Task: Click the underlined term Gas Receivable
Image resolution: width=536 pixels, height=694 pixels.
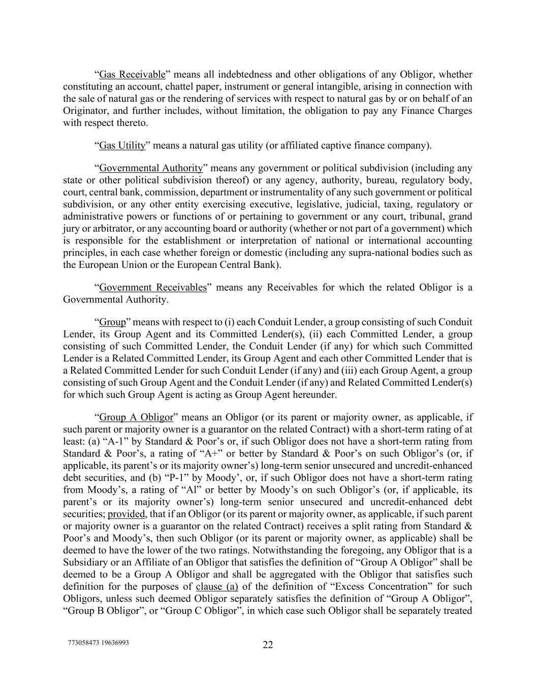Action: pos(132,75)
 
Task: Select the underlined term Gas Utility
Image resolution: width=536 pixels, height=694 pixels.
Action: pos(122,146)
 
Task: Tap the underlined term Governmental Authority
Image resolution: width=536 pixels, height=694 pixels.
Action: pos(151,168)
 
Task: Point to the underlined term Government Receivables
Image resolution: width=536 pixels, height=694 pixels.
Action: pos(153,288)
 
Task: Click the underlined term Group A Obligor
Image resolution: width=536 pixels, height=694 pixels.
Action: pos(136,418)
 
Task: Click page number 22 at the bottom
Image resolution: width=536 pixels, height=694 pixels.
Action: pos(268,645)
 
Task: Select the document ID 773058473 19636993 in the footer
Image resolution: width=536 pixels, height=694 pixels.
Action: pos(98,643)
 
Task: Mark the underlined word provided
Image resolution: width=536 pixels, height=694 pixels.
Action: pos(127,514)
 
